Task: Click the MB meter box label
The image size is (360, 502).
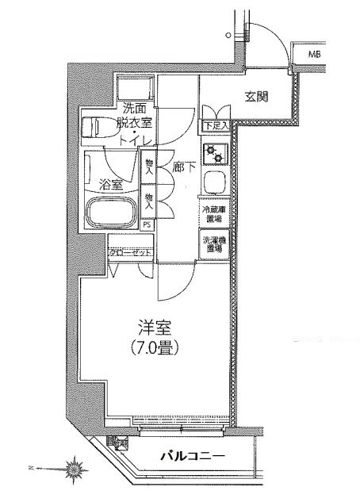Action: (x=315, y=55)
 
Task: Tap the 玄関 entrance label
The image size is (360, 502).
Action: (x=255, y=98)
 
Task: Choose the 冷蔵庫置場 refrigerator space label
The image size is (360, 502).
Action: (x=213, y=215)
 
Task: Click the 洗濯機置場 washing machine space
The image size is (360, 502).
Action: (x=213, y=244)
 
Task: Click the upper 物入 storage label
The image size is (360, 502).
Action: (x=148, y=166)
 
